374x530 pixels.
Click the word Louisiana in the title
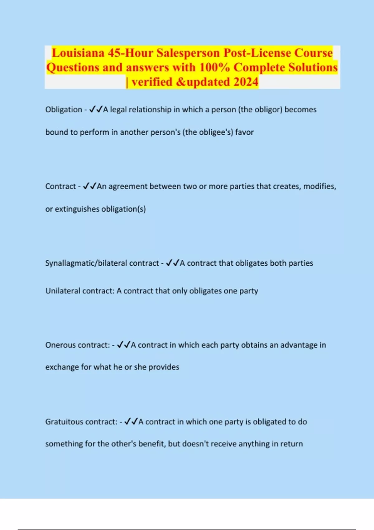[78, 53]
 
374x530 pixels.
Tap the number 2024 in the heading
[246, 82]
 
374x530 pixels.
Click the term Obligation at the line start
[64, 110]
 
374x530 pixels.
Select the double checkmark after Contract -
[90, 186]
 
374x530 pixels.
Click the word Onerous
[61, 345]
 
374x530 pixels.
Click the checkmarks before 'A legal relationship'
[96, 110]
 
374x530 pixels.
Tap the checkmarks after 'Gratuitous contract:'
[131, 422]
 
